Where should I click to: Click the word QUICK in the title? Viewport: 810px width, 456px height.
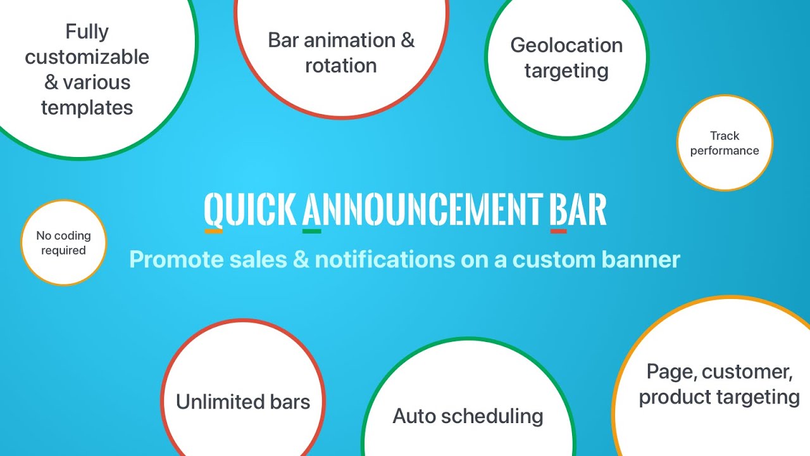[x=250, y=209]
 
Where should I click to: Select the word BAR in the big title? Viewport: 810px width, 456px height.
[x=578, y=209]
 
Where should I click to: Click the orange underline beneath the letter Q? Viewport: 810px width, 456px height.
[x=214, y=231]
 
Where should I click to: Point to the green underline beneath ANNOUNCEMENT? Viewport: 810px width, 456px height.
[x=312, y=231]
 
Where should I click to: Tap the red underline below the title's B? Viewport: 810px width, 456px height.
[x=558, y=231]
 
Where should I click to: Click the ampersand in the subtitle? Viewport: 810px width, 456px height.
[x=301, y=260]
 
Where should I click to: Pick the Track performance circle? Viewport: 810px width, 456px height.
[x=725, y=143]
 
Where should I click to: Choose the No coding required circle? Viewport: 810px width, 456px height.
[x=64, y=243]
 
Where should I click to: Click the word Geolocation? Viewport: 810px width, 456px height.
[x=566, y=45]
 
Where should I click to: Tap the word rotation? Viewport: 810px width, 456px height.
[x=341, y=66]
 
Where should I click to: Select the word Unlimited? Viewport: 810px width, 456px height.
[x=220, y=402]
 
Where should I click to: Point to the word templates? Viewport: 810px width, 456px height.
[x=87, y=108]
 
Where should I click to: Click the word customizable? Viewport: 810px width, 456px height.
[x=87, y=57]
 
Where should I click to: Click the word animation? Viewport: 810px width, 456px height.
[x=350, y=40]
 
